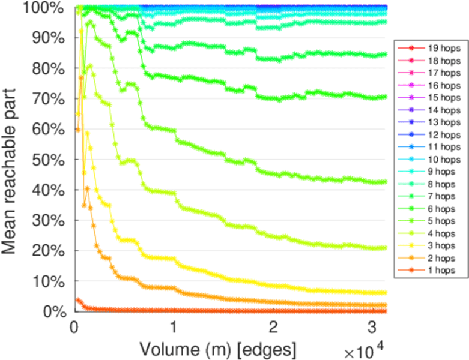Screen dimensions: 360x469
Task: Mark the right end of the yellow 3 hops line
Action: tap(384, 293)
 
